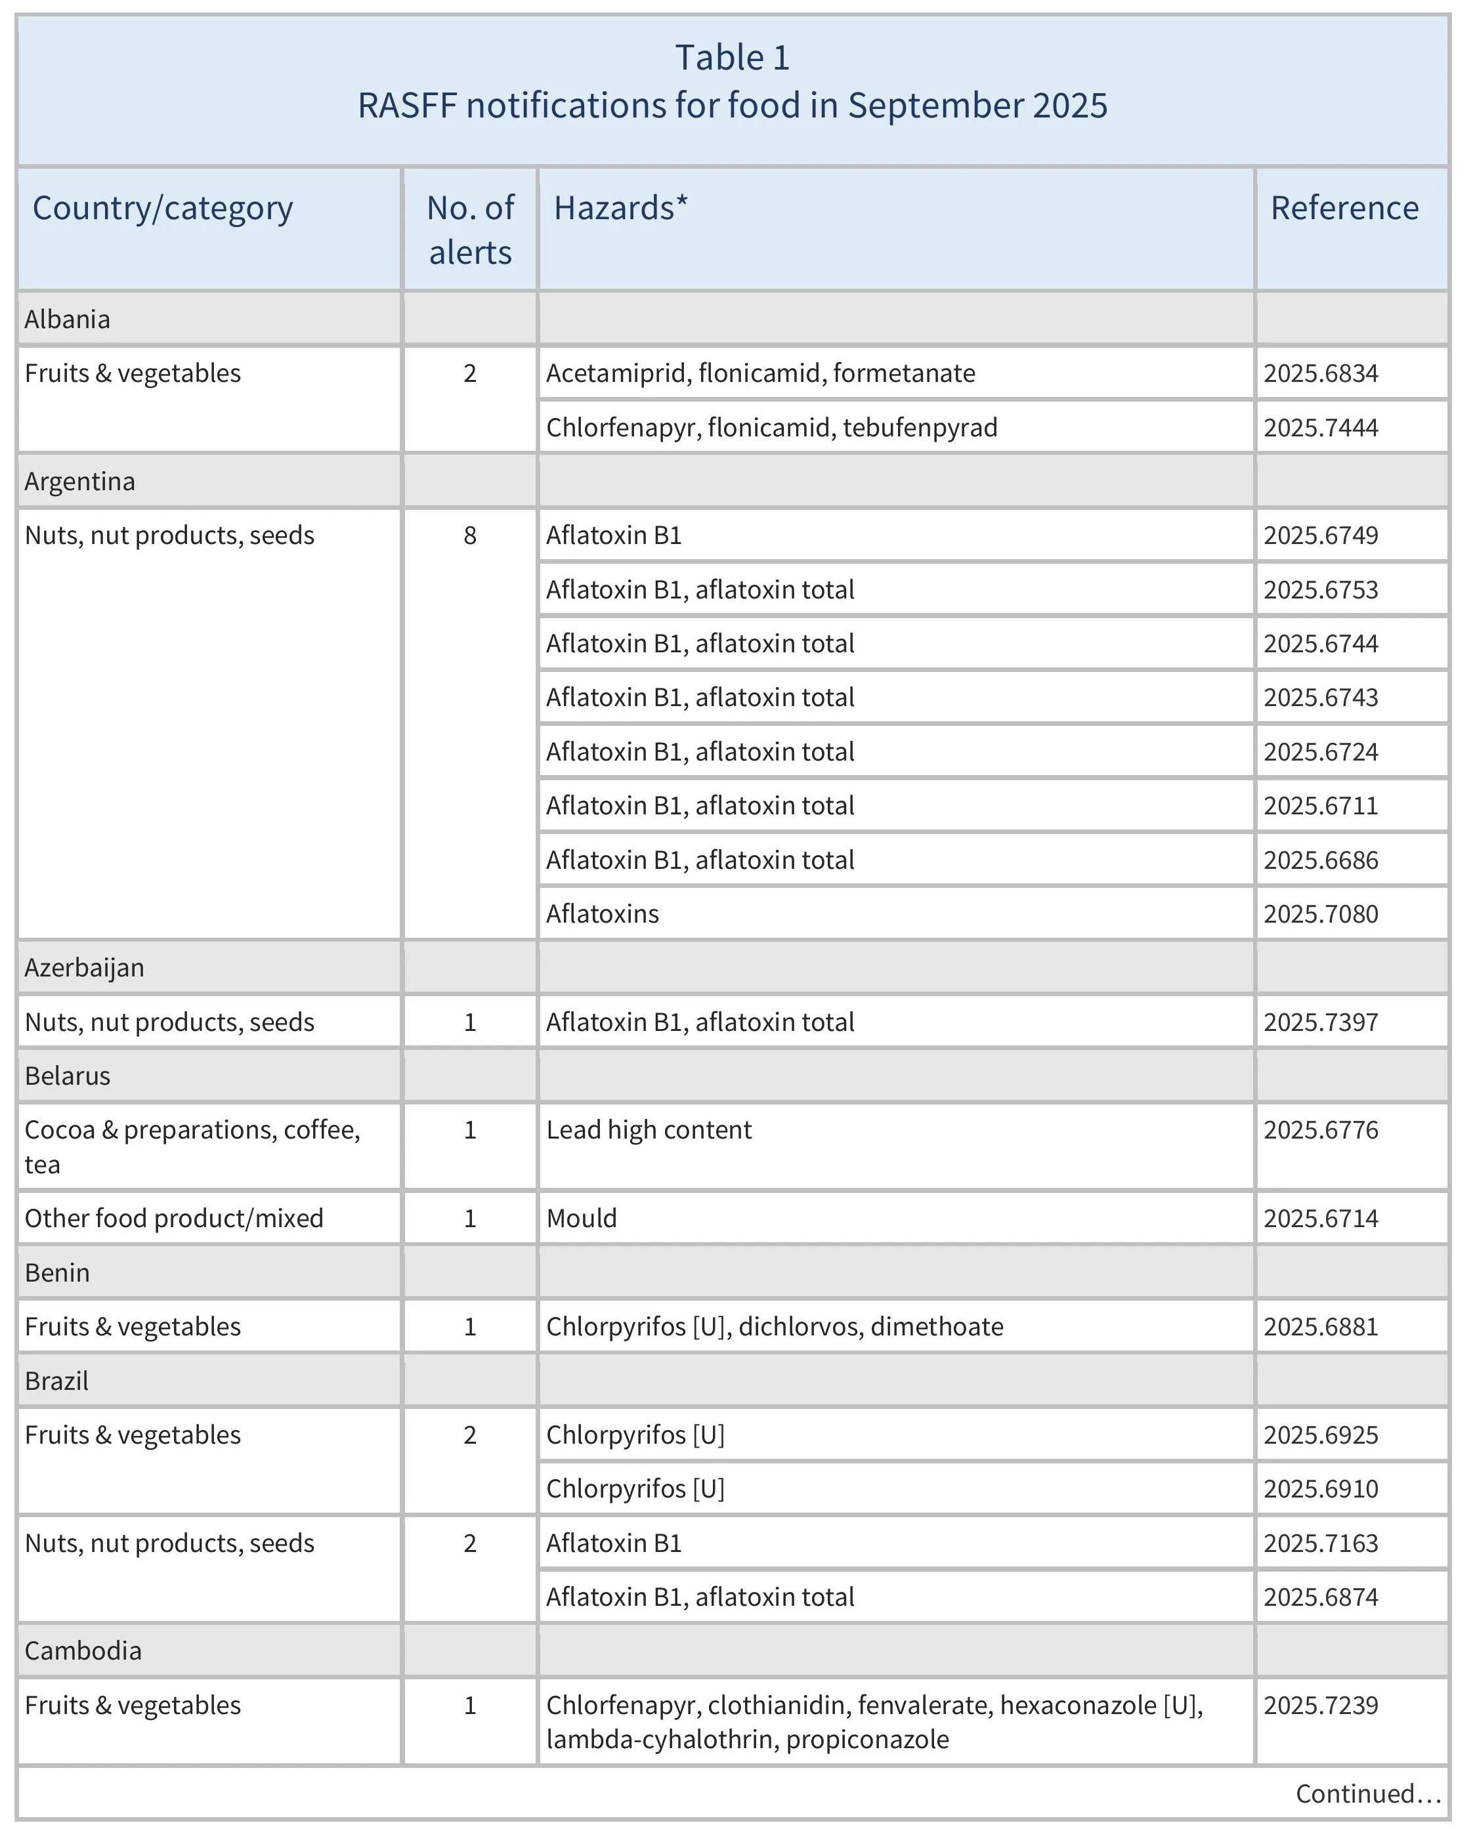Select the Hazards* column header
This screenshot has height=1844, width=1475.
(620, 209)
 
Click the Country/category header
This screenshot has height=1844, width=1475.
(163, 209)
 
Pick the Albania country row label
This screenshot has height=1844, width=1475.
(68, 319)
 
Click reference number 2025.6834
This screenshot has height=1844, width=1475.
(1320, 374)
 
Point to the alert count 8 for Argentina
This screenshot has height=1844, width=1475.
(470, 535)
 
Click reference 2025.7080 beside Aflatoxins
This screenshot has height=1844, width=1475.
(1320, 914)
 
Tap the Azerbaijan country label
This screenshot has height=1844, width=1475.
(84, 968)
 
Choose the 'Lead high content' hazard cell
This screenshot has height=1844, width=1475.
(649, 1131)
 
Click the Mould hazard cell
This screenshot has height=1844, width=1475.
(581, 1219)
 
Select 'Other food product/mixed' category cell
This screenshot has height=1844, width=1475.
(174, 1219)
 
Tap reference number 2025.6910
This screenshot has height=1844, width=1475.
(1320, 1489)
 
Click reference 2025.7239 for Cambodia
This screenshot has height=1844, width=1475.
(1320, 1706)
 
